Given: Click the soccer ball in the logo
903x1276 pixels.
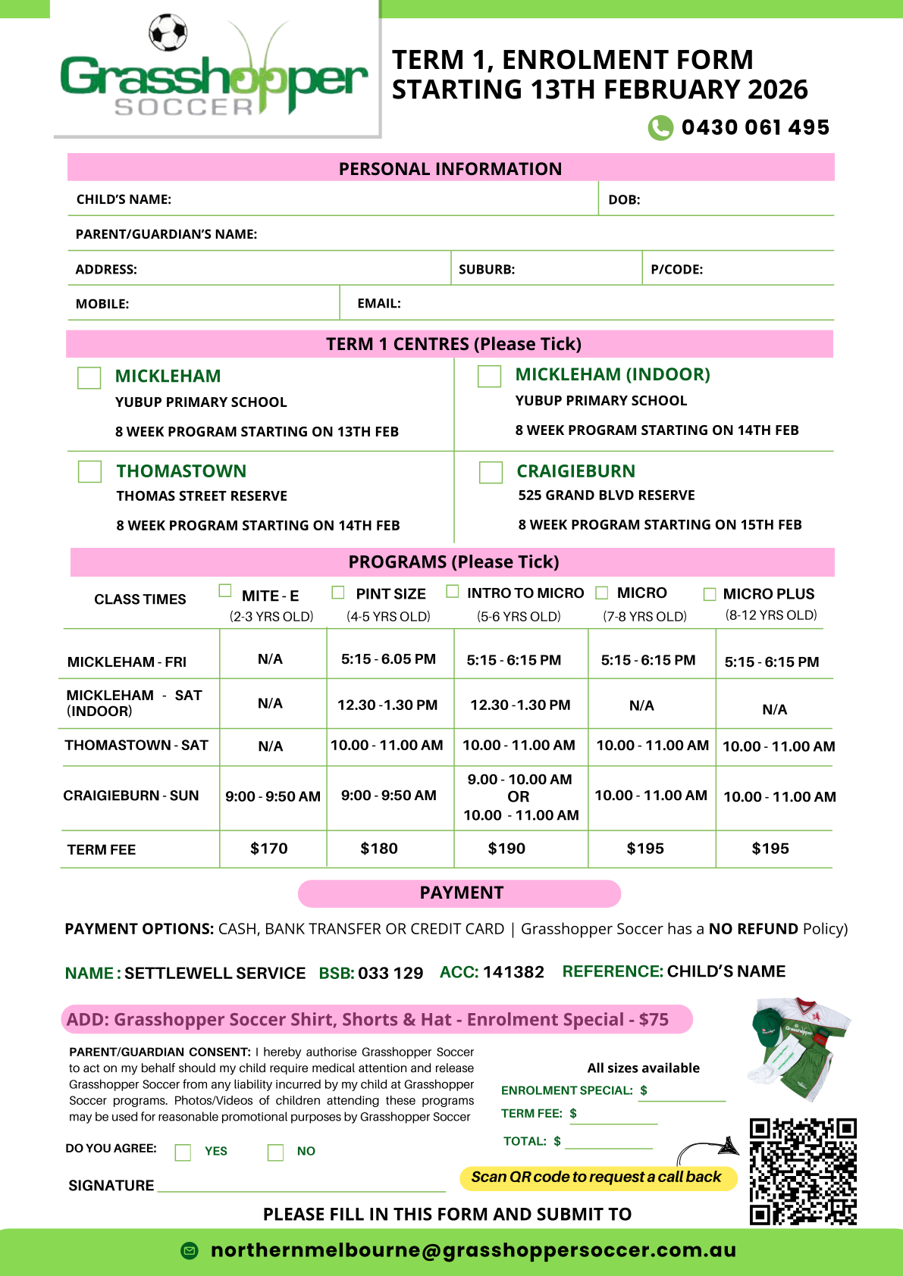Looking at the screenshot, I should tap(168, 33).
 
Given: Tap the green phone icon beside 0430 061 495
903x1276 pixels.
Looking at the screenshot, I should tap(660, 127).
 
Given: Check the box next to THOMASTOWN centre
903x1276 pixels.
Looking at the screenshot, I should tap(89, 471).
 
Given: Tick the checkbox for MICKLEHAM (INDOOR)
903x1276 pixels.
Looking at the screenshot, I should tap(489, 376).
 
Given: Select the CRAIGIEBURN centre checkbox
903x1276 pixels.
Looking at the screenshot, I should tap(491, 472).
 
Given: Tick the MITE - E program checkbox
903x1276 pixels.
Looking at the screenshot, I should tap(225, 590).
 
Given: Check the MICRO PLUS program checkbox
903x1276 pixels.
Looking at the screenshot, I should tap(710, 594).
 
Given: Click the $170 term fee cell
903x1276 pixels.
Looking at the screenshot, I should tap(269, 849).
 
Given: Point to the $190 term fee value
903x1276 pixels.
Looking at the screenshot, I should tap(506, 849).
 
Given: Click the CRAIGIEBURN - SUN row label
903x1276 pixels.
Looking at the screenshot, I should tap(131, 796).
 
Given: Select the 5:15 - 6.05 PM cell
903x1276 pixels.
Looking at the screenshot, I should tap(388, 659).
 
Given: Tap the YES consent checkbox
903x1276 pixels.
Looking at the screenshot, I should tap(183, 1152).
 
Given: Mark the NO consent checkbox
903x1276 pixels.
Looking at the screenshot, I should tap(275, 1152).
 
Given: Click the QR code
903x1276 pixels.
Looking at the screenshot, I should tap(803, 1171).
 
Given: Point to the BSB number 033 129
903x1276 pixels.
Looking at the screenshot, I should tap(390, 973).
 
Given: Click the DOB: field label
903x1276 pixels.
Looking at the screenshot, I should tap(624, 200).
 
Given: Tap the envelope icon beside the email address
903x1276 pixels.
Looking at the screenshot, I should tap(190, 1250).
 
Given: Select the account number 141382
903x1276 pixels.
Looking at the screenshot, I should tap(513, 972).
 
